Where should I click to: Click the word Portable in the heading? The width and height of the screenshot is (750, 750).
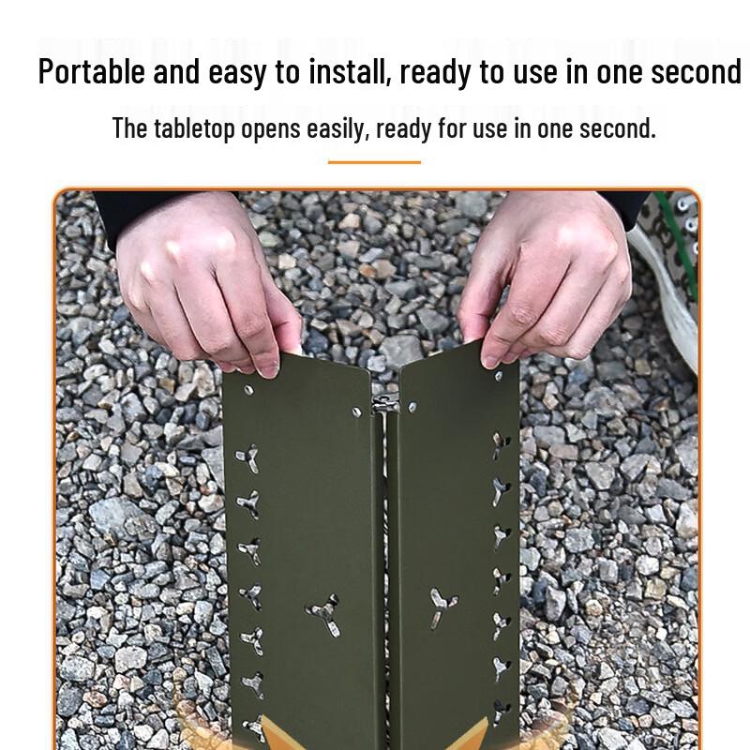91,72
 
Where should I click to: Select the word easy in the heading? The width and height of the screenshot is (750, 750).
236,72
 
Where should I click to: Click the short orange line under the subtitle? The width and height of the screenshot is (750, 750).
374,162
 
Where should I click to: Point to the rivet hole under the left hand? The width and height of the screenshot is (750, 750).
248,388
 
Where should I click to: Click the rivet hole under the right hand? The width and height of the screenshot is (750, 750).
497,376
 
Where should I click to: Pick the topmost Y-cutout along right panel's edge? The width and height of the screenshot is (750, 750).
500,443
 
